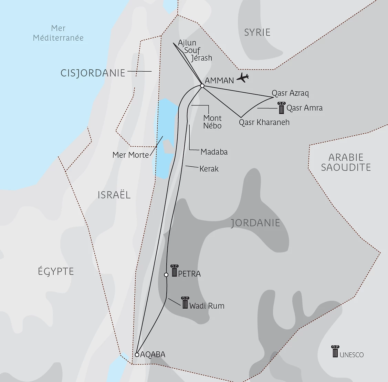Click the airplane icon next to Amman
(x=243, y=78)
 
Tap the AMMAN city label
(x=219, y=81)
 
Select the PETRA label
(x=189, y=274)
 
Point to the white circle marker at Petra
(x=166, y=275)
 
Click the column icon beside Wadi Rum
(x=185, y=303)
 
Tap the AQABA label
(x=153, y=354)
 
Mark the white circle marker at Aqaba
(x=137, y=354)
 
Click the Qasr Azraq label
(x=290, y=93)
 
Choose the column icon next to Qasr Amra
(x=282, y=108)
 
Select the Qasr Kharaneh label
(x=264, y=122)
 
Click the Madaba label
(x=214, y=152)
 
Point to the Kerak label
(x=209, y=169)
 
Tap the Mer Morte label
(x=130, y=155)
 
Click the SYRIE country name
(x=257, y=32)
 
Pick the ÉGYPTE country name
(x=56, y=271)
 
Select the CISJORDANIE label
(x=93, y=73)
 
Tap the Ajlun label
(x=187, y=43)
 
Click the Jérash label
(x=201, y=58)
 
